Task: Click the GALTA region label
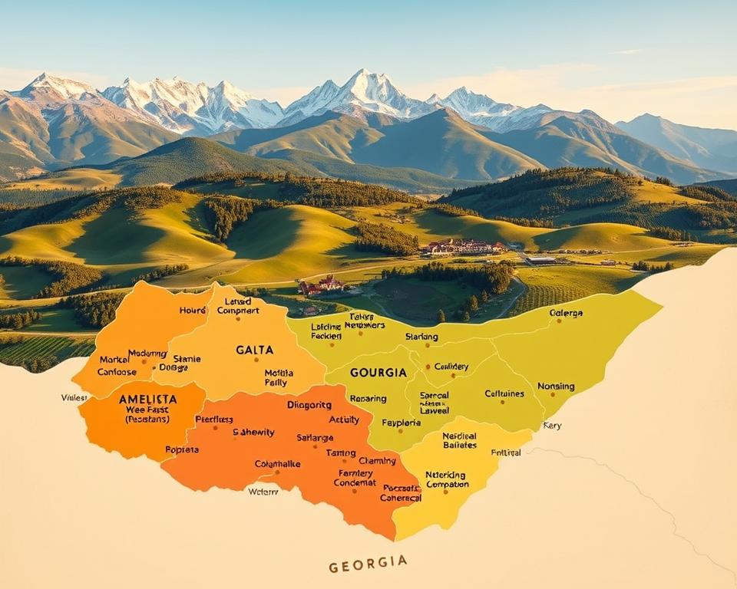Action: click(254, 350)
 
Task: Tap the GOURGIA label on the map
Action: click(378, 372)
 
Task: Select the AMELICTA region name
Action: click(147, 399)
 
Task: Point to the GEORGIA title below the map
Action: click(368, 564)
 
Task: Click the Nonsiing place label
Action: click(556, 386)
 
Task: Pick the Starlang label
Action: click(421, 337)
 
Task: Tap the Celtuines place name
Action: click(504, 393)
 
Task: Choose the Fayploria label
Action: click(401, 423)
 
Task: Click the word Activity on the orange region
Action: click(344, 420)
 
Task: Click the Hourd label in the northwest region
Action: click(193, 310)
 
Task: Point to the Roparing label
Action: click(368, 399)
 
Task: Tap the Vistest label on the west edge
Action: click(74, 397)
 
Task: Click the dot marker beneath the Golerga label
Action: click(560, 321)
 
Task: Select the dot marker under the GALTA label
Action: click(256, 359)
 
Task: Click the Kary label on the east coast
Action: click(551, 425)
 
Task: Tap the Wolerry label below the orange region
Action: click(263, 492)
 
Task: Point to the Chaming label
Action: click(377, 461)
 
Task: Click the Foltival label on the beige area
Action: click(506, 452)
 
